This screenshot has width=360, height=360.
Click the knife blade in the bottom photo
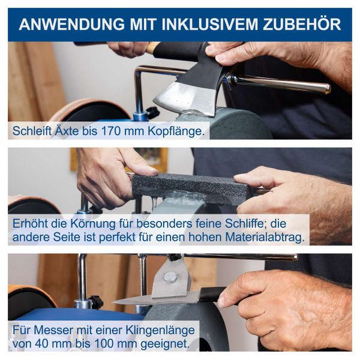tap(156, 298)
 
